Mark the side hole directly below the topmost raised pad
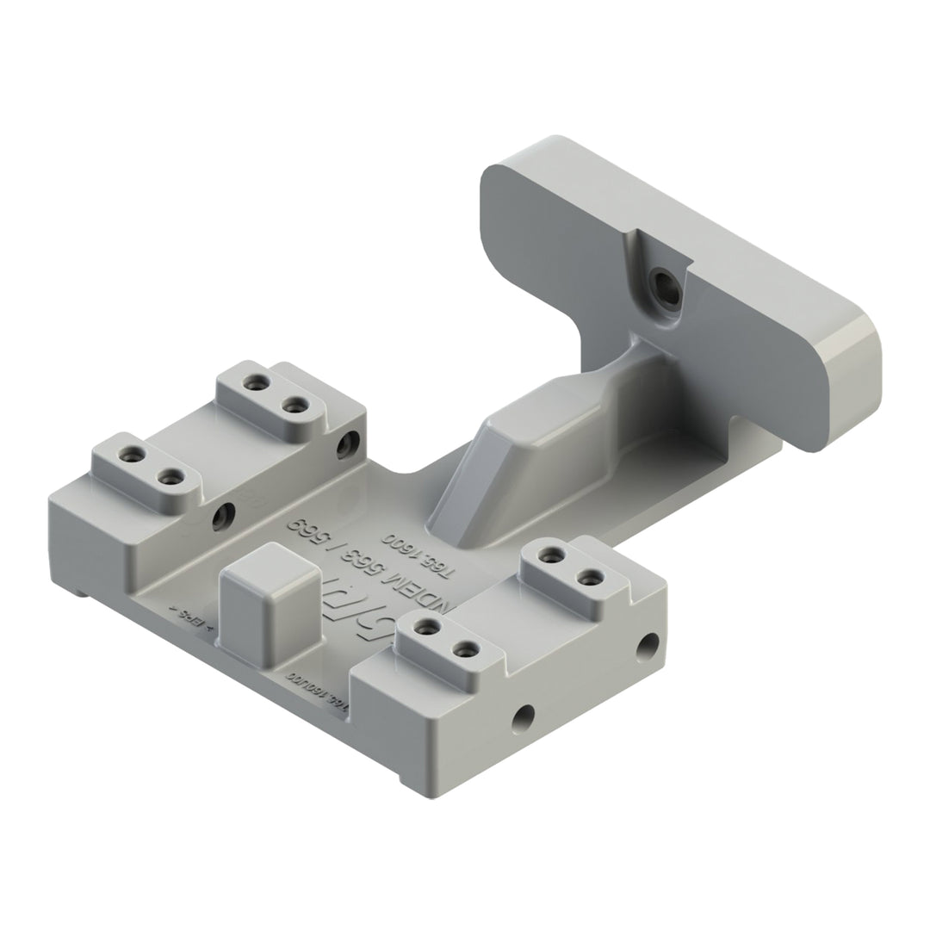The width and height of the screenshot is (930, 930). coord(348,444)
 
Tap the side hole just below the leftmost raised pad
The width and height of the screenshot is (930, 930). coord(226,514)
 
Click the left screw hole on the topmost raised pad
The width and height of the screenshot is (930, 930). coord(254,382)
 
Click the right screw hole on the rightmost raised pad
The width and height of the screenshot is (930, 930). coord(589,577)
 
